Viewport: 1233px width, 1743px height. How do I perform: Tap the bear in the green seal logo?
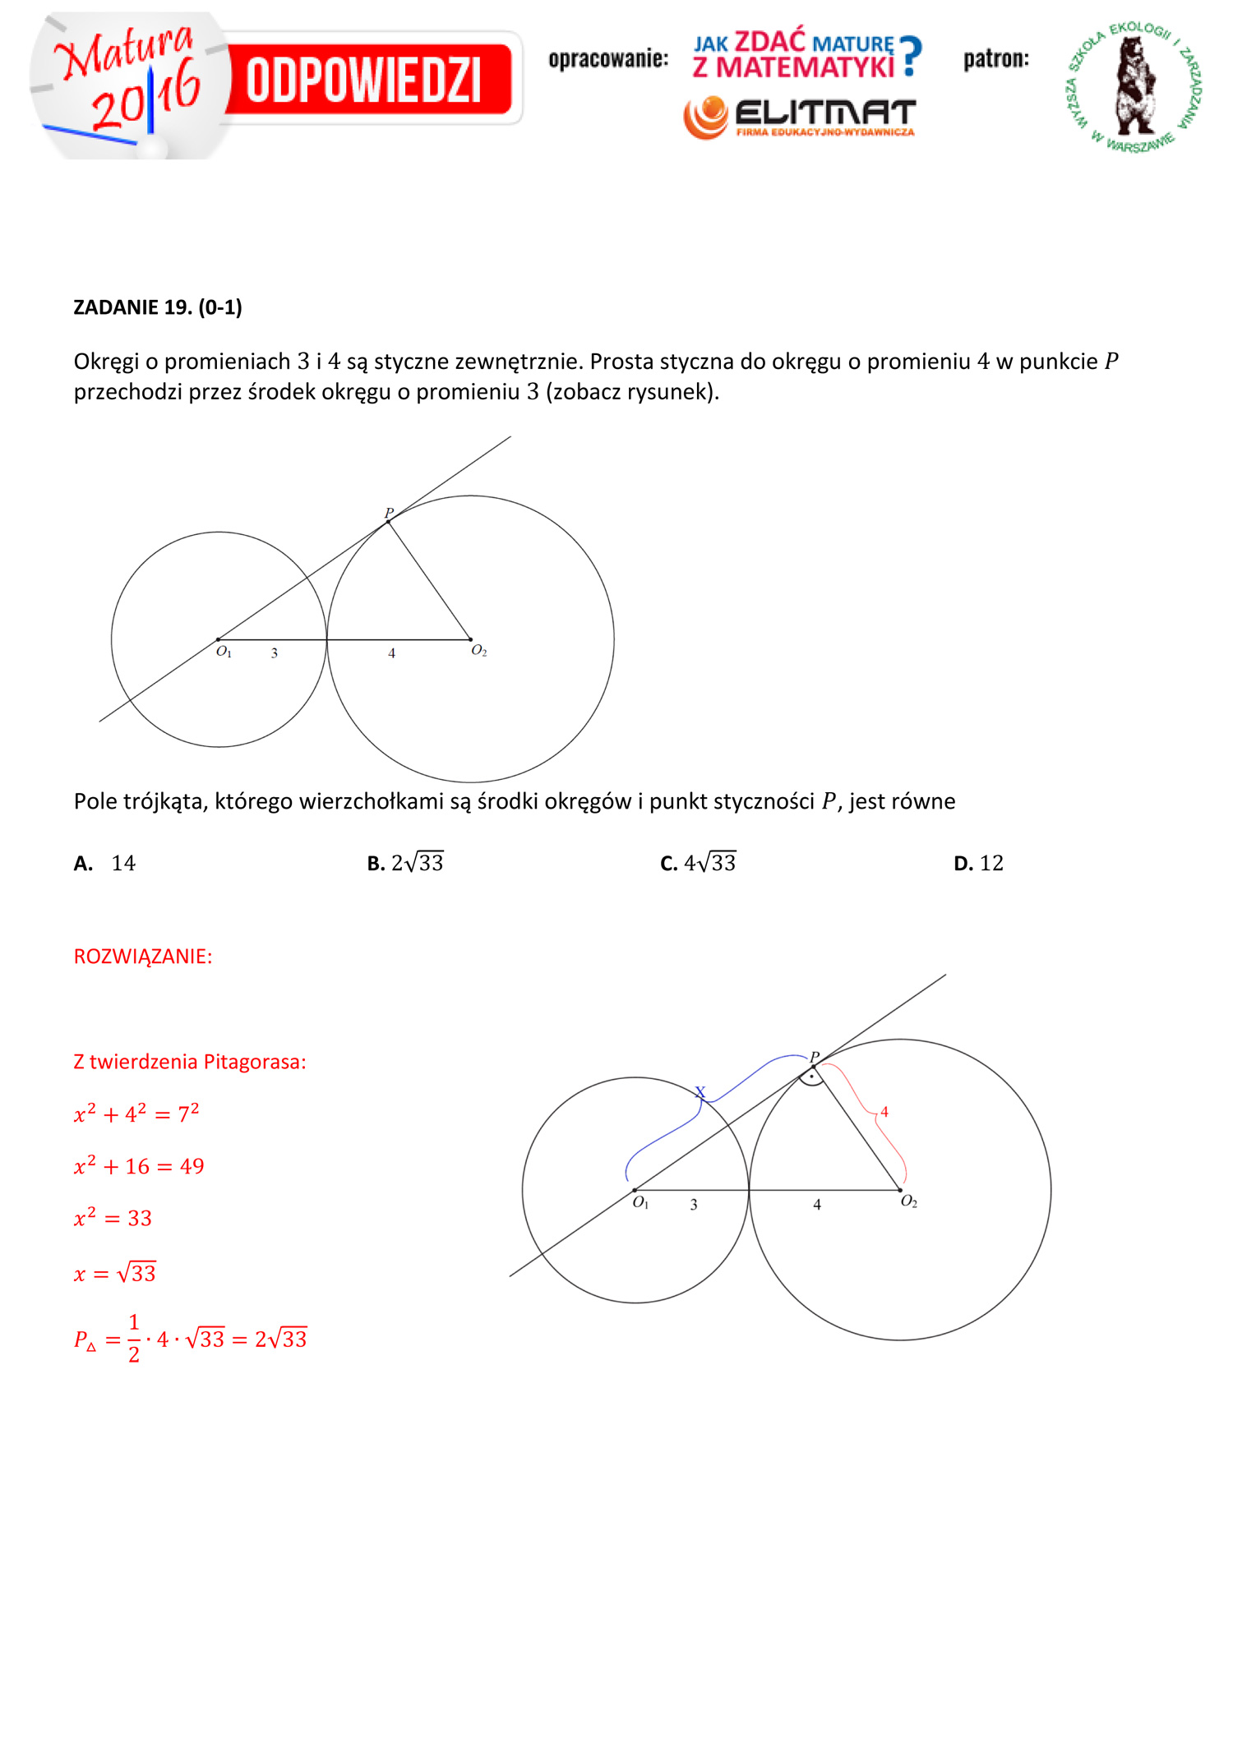1134,85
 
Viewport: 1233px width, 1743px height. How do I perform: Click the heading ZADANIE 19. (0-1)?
158,307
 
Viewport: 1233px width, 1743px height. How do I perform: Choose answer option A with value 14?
105,863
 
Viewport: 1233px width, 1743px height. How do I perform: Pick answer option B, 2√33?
405,863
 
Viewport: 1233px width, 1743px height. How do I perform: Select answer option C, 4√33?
699,863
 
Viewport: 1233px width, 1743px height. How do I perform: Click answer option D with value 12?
979,863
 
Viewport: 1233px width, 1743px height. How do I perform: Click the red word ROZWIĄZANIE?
143,957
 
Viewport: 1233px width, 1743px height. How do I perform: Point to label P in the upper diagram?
389,513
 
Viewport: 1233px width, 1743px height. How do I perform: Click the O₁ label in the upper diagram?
224,652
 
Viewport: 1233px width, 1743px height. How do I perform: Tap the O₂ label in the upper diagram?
479,651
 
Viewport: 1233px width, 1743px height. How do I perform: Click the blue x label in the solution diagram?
700,1092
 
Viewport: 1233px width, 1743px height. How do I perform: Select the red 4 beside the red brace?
884,1112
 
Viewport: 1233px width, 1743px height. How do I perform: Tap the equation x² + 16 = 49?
139,1166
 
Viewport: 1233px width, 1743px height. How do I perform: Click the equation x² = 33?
113,1218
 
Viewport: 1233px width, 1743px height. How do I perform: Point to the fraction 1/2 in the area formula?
134,1338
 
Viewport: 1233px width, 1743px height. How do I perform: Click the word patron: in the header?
996,59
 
